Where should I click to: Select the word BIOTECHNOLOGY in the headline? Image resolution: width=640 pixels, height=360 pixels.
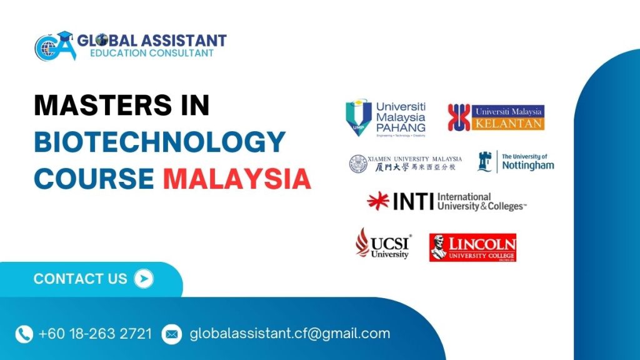[159, 142]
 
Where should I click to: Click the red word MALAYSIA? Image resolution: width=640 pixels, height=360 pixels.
[237, 179]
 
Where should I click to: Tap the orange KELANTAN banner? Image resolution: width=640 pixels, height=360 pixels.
[509, 123]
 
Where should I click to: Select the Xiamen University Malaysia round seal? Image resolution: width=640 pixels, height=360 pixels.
[359, 164]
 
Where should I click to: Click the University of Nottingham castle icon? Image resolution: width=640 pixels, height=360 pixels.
[484, 162]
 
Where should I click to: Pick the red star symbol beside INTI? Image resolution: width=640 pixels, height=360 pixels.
[378, 201]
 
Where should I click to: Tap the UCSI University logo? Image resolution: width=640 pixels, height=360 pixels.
[382, 243]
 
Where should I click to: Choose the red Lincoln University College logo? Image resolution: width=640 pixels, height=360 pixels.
[472, 247]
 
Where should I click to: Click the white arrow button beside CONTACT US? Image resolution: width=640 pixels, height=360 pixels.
[144, 279]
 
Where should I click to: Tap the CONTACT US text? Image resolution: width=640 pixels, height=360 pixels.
[80, 279]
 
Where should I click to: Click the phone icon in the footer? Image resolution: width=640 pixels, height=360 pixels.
[24, 334]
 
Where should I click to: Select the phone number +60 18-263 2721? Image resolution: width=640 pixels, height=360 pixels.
[95, 334]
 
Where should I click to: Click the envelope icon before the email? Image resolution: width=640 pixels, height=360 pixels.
[171, 334]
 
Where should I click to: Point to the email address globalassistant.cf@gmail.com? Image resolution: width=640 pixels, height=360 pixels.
[289, 334]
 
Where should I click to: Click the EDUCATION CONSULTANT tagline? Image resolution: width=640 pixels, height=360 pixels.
[151, 54]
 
